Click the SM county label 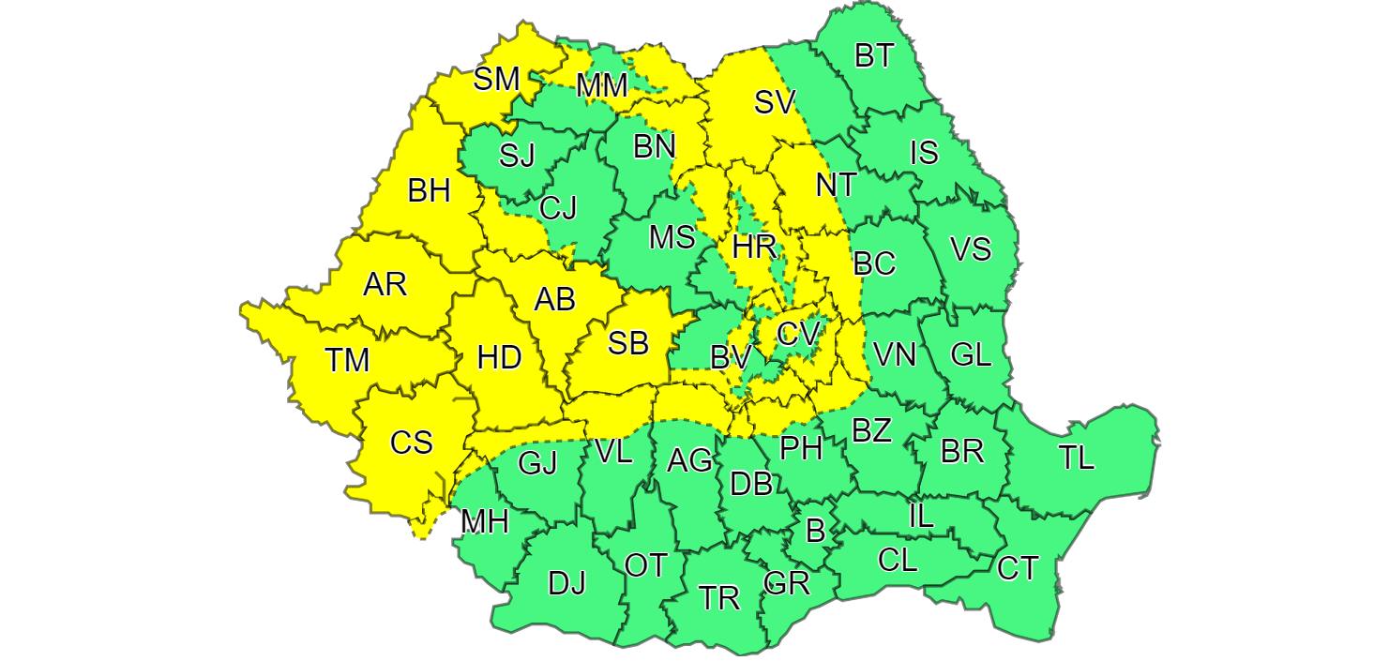click(496, 80)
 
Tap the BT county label click(874, 56)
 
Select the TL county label click(1077, 458)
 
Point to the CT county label click(1018, 568)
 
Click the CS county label click(412, 442)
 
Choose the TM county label click(348, 360)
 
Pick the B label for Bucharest click(816, 531)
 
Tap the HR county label click(754, 248)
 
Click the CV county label click(798, 332)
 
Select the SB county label click(628, 344)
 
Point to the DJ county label click(566, 584)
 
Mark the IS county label click(925, 152)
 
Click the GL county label click(971, 354)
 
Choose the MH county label click(485, 522)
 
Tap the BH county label click(430, 192)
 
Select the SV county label click(775, 103)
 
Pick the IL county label click(921, 515)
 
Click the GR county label click(787, 583)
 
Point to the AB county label click(554, 299)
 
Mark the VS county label click(971, 249)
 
